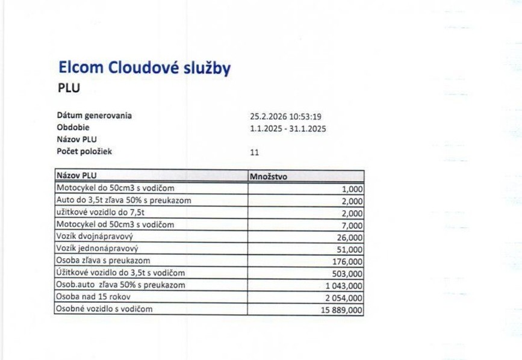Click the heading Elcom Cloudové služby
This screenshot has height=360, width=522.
(x=144, y=68)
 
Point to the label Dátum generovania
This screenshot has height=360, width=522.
(x=95, y=115)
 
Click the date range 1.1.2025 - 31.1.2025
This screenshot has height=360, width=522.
(x=287, y=128)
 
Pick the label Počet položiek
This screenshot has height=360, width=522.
(x=84, y=151)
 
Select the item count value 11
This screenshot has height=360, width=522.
(x=254, y=152)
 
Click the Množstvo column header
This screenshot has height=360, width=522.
(x=269, y=177)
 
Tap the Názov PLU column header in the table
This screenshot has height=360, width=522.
(x=76, y=176)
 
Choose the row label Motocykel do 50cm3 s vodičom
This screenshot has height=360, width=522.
(x=114, y=188)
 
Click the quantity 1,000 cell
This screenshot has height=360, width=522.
(x=352, y=189)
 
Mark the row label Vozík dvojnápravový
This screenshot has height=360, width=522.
(x=94, y=237)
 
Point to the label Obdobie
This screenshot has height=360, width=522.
(x=73, y=127)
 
